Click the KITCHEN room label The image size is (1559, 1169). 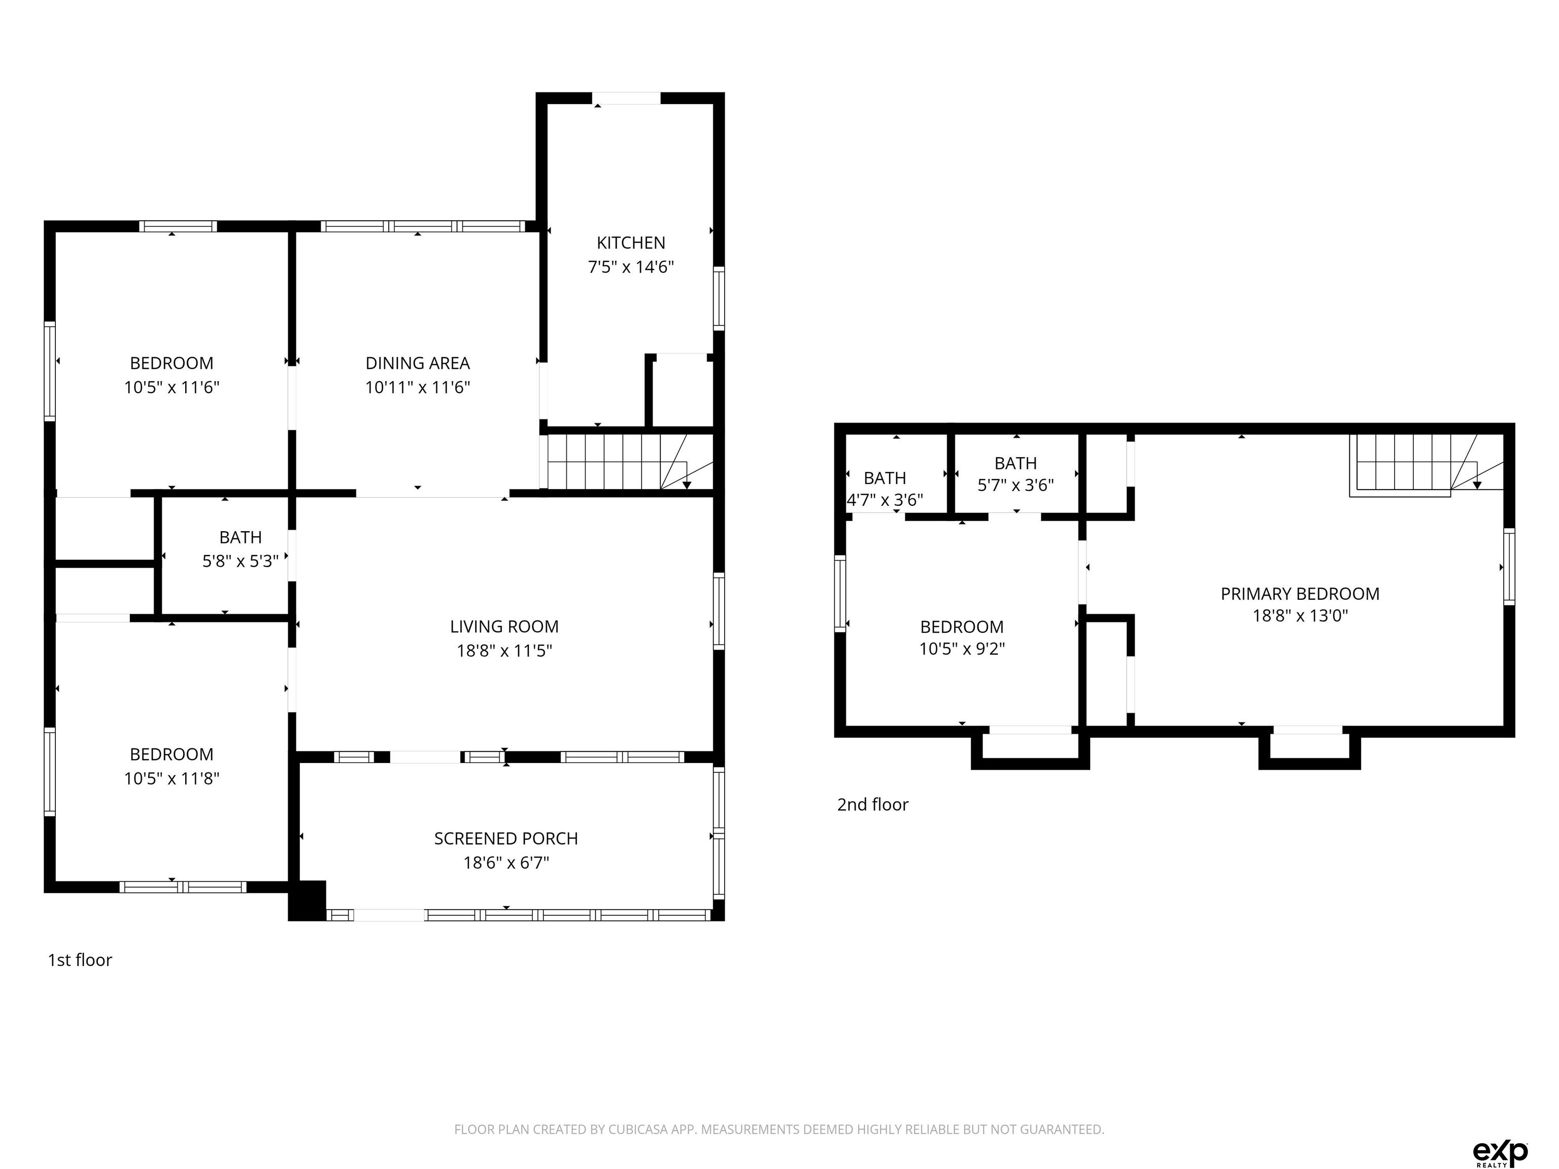[631, 243]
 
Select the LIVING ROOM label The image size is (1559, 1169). [504, 627]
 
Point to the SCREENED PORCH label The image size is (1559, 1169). [506, 839]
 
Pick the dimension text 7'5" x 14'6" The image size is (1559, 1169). [631, 267]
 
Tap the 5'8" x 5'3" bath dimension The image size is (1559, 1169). [241, 561]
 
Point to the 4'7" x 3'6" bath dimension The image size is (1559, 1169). [885, 500]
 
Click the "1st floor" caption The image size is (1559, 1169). [80, 960]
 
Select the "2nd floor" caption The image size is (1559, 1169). [872, 804]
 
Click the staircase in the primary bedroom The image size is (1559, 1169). [1427, 465]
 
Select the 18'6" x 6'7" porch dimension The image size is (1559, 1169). [506, 863]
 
